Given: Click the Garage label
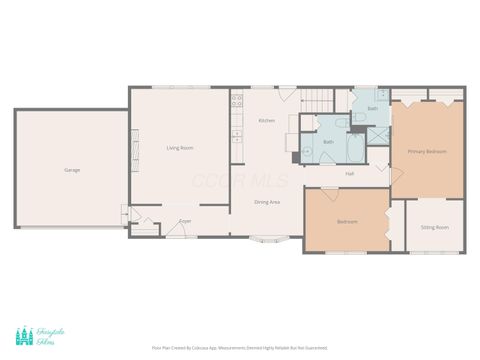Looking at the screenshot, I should pos(72,170).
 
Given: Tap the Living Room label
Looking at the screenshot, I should pos(180,148).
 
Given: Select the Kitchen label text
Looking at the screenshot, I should pos(266,121).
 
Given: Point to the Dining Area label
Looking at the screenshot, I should pos(267,202).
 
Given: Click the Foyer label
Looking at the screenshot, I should pos(185,221).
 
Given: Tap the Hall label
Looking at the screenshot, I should pos(350,174).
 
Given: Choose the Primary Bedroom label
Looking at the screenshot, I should pos(427,151).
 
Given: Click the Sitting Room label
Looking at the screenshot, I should pos(434,227).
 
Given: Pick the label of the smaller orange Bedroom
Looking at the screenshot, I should pos(347,221).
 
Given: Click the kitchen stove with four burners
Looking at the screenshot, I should pos(237,101).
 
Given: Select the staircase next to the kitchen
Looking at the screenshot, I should pos(318,100).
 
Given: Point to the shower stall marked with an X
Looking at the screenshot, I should pos(376,135).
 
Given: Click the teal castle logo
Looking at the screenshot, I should pos(24,337).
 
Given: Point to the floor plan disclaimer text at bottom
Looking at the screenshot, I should pos(239,348).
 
